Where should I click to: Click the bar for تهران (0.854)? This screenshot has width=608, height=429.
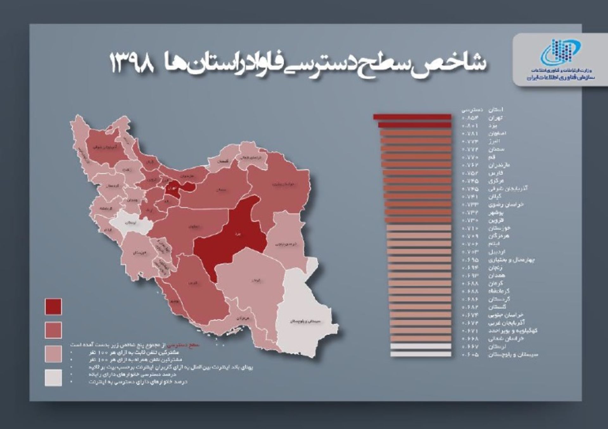click(x=412, y=117)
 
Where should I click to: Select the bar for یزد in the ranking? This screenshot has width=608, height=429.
click(x=415, y=125)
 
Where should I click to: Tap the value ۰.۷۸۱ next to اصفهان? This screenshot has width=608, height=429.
click(x=470, y=133)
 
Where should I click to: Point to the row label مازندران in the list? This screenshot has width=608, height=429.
click(x=499, y=165)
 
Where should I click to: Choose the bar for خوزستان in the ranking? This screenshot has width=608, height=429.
click(x=419, y=228)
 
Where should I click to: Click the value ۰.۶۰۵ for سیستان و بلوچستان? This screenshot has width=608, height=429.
click(x=470, y=355)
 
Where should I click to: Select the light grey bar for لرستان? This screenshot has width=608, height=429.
click(x=421, y=346)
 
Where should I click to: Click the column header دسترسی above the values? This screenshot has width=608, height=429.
click(x=472, y=110)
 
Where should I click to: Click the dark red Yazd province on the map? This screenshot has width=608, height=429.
click(x=234, y=234)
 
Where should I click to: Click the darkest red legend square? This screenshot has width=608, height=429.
click(x=53, y=306)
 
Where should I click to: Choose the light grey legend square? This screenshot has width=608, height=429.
click(x=53, y=377)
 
